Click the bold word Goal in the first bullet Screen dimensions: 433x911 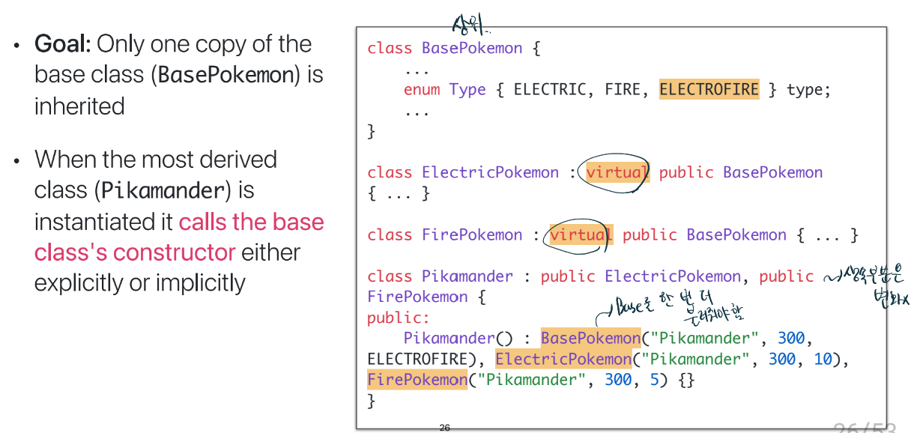click(61, 44)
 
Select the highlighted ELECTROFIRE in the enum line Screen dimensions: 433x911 click(709, 90)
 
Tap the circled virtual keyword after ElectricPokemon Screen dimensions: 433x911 click(616, 173)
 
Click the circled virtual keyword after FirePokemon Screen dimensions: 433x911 click(580, 235)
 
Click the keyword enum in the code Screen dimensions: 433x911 click(422, 90)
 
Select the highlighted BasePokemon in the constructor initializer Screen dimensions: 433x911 click(590, 338)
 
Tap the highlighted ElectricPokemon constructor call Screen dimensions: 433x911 click(563, 359)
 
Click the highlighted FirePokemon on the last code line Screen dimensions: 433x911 click(417, 380)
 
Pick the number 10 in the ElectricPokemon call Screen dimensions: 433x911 click(823, 359)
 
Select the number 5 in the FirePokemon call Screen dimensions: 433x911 click(654, 380)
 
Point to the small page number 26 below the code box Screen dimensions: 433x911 click(444, 428)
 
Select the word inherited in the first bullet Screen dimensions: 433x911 click(79, 106)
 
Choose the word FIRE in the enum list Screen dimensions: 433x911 click(622, 90)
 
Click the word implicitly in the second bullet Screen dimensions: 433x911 click(197, 283)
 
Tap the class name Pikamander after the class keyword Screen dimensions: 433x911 click(467, 276)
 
